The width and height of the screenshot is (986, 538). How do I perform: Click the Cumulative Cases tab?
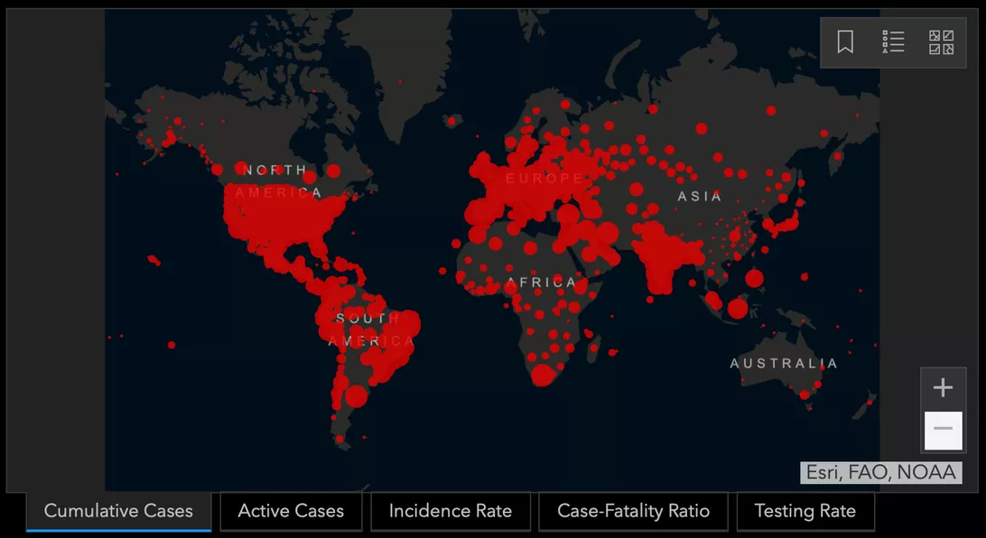coord(118,511)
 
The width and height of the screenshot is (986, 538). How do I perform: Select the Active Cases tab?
coord(291,511)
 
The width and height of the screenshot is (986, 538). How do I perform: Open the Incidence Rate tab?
coord(450,511)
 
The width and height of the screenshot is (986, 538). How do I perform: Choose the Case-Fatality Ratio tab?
coord(633,511)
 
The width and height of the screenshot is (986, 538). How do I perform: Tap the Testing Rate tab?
coord(805,511)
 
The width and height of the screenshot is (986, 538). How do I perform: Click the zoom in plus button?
coord(943,388)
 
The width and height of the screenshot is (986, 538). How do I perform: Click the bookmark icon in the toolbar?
coord(845,42)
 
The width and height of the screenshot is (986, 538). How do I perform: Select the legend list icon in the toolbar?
coord(893,42)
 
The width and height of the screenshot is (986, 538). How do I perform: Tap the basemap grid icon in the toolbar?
coord(941,42)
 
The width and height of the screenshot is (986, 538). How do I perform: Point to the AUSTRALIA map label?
coord(784,364)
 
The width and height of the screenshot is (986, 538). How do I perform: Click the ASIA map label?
coord(700,196)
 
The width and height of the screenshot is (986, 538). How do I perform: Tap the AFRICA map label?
coord(541,283)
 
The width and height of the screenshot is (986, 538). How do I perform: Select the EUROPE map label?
coord(544,179)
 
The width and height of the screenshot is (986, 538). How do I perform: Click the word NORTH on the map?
coord(276,170)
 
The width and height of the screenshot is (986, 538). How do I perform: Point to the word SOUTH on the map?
coord(367,319)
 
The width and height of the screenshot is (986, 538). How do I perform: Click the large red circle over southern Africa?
coord(542,375)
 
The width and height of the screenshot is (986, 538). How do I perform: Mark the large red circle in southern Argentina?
coord(357,395)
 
